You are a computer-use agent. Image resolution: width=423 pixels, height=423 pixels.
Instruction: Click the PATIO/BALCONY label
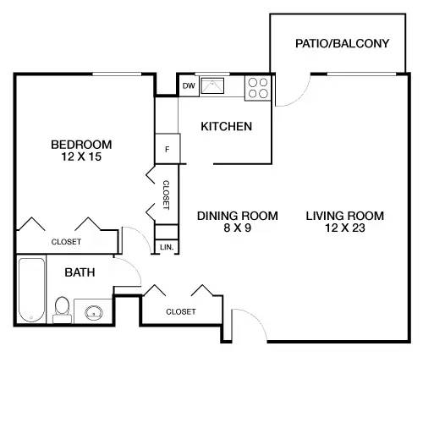[x=343, y=42]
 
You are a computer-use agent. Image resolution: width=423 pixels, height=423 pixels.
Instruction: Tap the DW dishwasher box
[x=188, y=85]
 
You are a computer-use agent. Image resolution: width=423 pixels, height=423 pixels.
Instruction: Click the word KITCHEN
[x=226, y=127]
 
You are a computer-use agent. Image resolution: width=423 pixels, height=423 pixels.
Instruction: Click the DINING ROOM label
[x=238, y=216]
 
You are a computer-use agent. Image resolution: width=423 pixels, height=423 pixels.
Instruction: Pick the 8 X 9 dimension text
[x=238, y=228]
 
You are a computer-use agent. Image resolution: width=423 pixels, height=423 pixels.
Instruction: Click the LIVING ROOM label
[x=344, y=216]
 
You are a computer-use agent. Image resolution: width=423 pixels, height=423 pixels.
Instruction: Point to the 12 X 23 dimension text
[x=344, y=228]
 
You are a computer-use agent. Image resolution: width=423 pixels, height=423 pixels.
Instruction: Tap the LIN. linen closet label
[x=167, y=247]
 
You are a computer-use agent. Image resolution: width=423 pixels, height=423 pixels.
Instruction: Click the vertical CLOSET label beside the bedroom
[x=167, y=195]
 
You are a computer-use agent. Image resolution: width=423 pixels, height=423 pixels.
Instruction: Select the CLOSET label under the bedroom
[x=66, y=242]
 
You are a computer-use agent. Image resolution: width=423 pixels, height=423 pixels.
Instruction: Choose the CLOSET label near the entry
[x=180, y=311]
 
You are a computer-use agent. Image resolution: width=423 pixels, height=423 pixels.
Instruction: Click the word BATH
[x=80, y=272]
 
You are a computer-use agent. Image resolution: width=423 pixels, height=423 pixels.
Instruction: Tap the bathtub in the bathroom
[x=30, y=290]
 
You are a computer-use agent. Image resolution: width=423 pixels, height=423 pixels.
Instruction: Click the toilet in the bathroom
[x=62, y=307]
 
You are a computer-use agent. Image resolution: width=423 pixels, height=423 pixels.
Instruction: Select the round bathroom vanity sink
[x=94, y=311]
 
